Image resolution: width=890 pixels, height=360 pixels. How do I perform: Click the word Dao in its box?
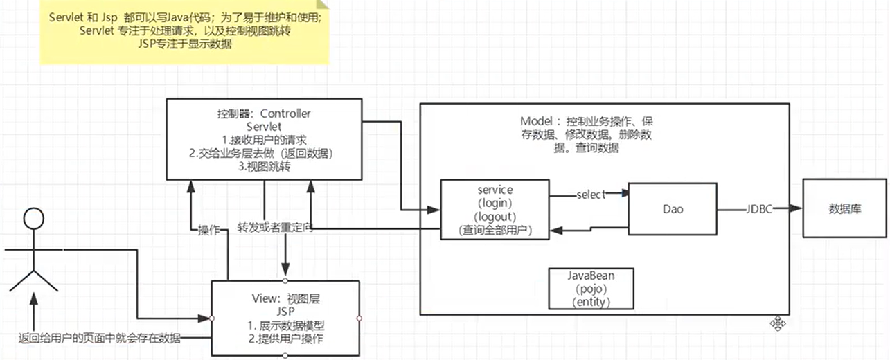tap(673, 209)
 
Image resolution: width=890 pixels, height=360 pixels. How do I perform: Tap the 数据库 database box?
tap(845, 208)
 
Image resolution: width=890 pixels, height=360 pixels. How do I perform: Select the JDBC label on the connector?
tap(759, 209)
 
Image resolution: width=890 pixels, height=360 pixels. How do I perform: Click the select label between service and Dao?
tap(591, 195)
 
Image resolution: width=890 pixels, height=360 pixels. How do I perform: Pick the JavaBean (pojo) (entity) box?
tap(591, 289)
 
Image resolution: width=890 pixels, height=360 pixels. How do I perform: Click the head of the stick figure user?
tap(34, 218)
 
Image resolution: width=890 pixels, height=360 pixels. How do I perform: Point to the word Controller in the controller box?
tap(285, 114)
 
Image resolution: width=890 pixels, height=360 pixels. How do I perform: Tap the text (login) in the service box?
tap(495, 203)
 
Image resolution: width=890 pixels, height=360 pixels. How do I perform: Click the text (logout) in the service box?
tap(495, 217)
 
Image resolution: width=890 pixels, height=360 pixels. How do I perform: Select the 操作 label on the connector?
tap(209, 230)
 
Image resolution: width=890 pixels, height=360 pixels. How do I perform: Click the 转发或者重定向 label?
tap(275, 228)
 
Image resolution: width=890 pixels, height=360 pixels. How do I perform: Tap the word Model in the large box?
tap(536, 121)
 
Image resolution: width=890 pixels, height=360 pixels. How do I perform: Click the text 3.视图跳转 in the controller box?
tap(264, 166)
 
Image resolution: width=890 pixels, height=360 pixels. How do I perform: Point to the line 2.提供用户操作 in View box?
tap(285, 339)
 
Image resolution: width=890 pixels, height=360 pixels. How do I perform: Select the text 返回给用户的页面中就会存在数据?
tap(99, 338)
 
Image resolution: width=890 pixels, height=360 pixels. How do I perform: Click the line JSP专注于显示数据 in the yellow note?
tap(185, 44)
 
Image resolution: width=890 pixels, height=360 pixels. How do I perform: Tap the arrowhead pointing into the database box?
tap(796, 208)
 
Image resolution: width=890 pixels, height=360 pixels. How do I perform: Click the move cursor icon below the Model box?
tap(778, 323)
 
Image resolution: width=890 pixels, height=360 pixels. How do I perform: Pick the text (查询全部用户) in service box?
tap(495, 230)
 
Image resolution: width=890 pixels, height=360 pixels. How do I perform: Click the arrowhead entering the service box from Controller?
tap(434, 210)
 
